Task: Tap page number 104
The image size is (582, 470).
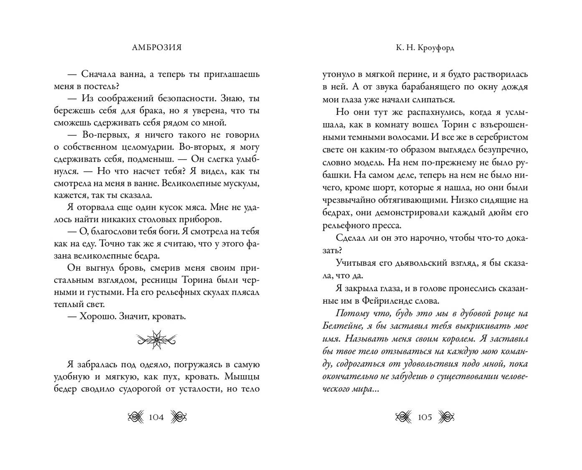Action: [x=156, y=417]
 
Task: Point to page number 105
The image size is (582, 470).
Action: [x=425, y=417]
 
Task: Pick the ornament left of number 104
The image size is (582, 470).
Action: [x=135, y=417]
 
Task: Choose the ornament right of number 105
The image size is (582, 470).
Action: [x=446, y=417]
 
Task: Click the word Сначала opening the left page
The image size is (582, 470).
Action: [x=100, y=74]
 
